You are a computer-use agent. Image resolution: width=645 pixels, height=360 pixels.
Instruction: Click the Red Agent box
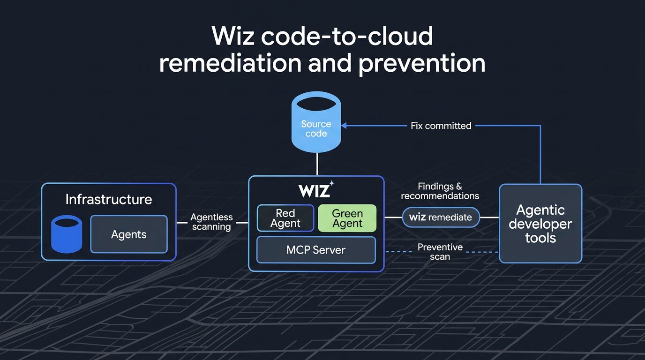[x=285, y=218]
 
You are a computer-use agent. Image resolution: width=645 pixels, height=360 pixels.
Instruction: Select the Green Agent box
[x=347, y=218]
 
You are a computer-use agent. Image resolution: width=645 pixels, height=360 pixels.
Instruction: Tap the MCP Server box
[x=316, y=250]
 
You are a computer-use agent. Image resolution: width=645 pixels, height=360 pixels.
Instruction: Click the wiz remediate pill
[x=441, y=217]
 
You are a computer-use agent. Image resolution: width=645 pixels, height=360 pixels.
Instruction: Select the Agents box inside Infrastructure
[x=128, y=234]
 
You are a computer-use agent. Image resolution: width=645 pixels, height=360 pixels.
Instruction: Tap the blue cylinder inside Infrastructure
[x=66, y=234]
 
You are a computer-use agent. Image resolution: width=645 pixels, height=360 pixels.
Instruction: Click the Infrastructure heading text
[x=109, y=199]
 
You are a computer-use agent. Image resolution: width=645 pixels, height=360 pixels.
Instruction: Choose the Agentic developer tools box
[x=540, y=223]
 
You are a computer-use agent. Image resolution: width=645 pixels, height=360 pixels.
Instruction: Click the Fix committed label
[x=441, y=126]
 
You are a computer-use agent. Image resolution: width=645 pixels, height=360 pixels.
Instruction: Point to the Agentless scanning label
[x=211, y=222]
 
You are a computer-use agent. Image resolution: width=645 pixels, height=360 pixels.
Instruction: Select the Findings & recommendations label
[x=440, y=191]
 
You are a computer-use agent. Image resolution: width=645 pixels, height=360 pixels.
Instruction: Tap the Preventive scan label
[x=440, y=252]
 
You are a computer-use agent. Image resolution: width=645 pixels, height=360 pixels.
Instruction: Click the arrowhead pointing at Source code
[x=344, y=126]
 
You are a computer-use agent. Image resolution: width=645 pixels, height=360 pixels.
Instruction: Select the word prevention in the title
[x=421, y=63]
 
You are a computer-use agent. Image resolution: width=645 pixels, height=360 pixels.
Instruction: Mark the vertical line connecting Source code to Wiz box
[x=317, y=164]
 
